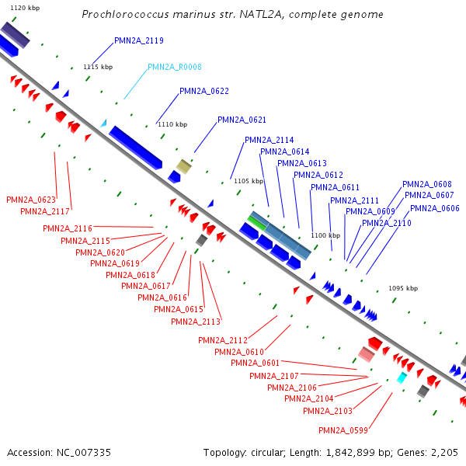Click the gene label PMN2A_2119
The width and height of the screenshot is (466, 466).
pyautogui.click(x=138, y=40)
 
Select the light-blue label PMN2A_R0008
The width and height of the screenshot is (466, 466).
pyautogui.click(x=174, y=68)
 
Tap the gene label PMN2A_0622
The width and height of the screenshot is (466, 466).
pyautogui.click(x=203, y=92)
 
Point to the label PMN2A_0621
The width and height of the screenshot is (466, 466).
pyautogui.click(x=242, y=120)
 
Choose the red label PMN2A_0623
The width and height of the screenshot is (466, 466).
pyautogui.click(x=31, y=200)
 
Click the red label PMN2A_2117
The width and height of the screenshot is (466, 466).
pyautogui.click(x=45, y=212)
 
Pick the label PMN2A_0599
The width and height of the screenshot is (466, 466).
pyautogui.click(x=343, y=431)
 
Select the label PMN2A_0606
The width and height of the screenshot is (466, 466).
pyautogui.click(x=434, y=208)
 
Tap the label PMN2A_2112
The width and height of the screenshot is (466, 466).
pyautogui.click(x=222, y=341)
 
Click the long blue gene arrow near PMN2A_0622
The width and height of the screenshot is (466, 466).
pyautogui.click(x=135, y=148)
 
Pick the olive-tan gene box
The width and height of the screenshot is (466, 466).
pyautogui.click(x=183, y=165)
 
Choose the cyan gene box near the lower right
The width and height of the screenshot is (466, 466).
pyautogui.click(x=402, y=377)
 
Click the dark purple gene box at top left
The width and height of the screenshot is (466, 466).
pyautogui.click(x=15, y=35)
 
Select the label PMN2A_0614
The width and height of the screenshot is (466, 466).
pyautogui.click(x=284, y=152)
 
